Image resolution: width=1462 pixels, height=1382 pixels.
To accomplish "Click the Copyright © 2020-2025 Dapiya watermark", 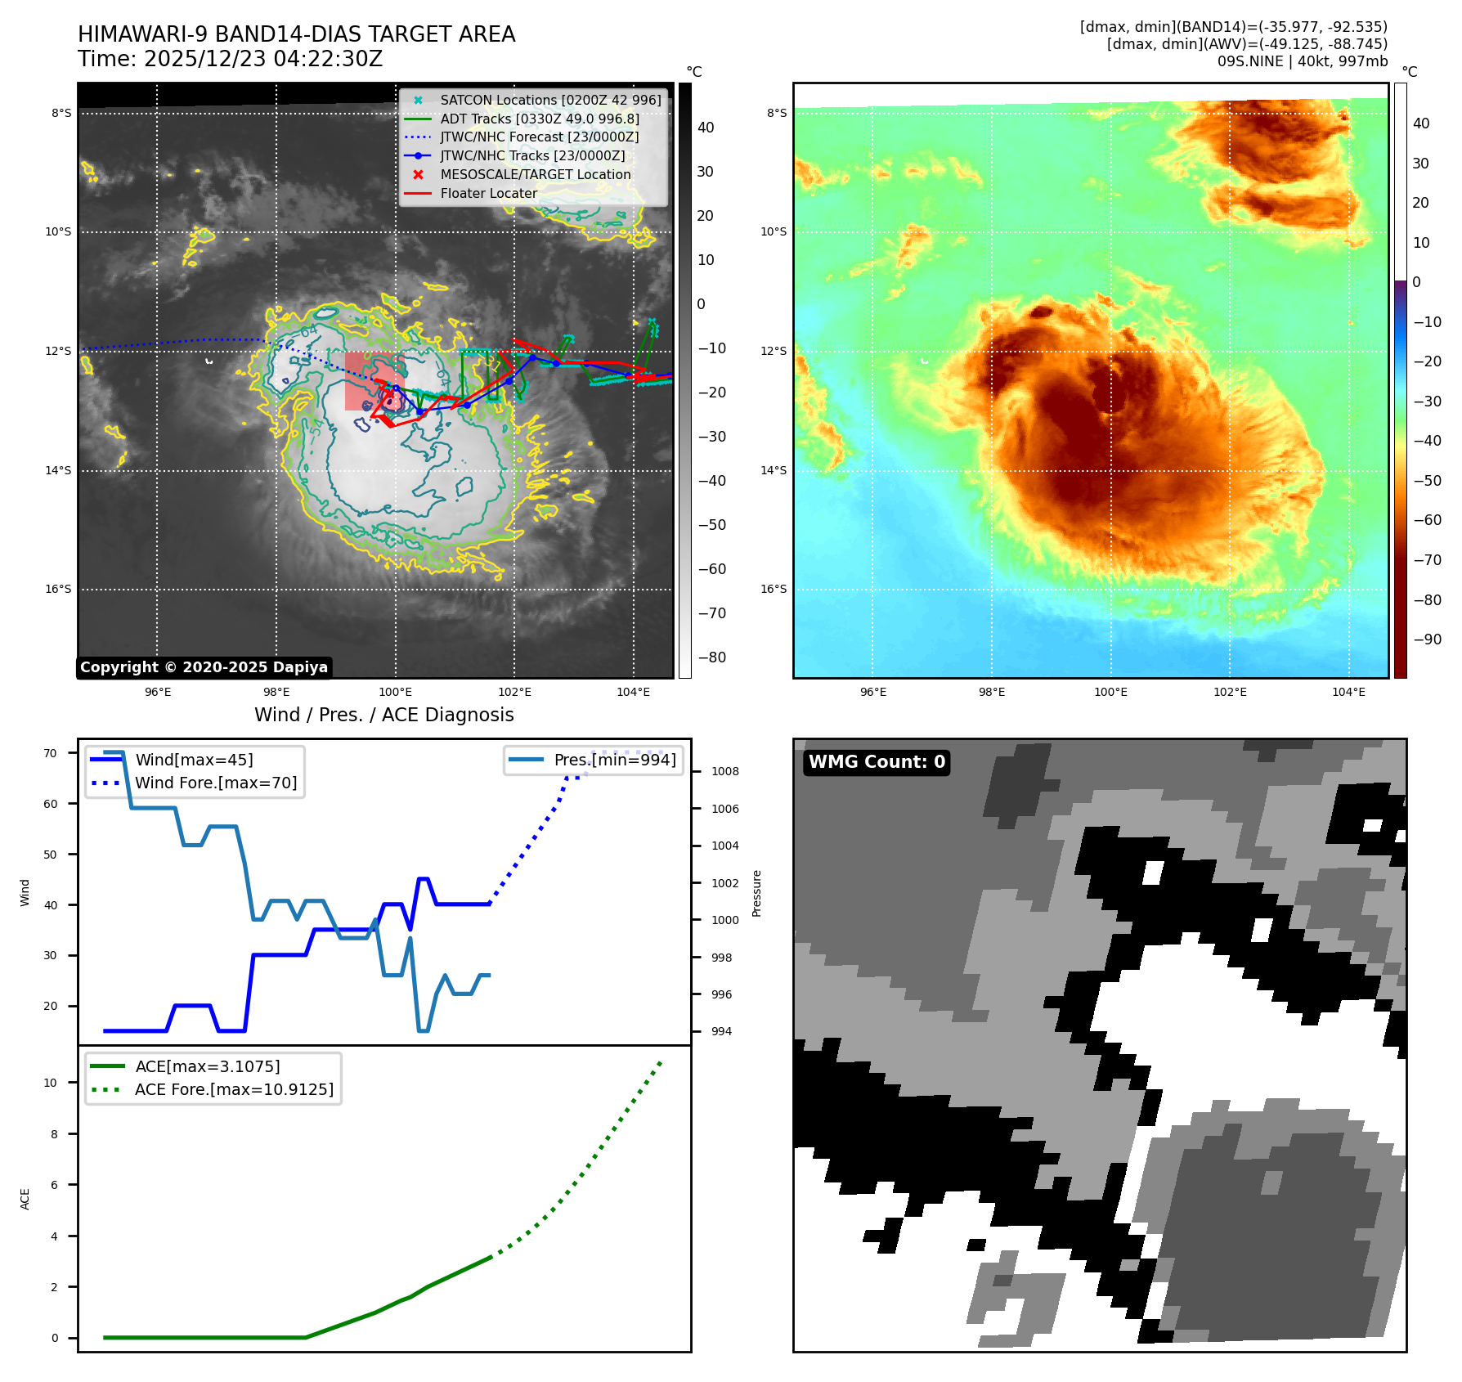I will [x=204, y=667].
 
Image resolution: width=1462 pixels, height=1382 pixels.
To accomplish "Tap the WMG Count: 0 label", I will [x=877, y=762].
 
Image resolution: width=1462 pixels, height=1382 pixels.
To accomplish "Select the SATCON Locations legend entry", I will [x=550, y=100].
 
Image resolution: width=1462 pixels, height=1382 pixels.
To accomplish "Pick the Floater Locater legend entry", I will [x=488, y=193].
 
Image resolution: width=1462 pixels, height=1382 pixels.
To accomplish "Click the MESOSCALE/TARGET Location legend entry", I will [x=535, y=174].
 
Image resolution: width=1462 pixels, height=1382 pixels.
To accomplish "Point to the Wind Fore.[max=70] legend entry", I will [x=216, y=783].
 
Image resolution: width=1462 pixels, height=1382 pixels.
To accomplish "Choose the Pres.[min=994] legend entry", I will [x=615, y=760].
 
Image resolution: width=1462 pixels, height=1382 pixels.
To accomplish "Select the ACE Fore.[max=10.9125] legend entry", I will [x=234, y=1089].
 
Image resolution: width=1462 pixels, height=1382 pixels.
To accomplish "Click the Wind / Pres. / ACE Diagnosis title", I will [x=383, y=715].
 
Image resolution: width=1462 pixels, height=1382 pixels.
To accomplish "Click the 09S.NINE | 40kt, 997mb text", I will [x=1302, y=61].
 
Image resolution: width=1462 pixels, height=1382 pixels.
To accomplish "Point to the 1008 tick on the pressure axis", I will [x=724, y=771].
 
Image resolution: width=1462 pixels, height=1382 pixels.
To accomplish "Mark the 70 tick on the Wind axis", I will [x=51, y=753].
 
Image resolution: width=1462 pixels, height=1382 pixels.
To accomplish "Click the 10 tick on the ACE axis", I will [x=51, y=1083].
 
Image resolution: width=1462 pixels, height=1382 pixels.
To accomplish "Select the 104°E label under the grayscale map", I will [x=633, y=692].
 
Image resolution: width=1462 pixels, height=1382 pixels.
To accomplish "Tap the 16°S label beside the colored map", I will [x=773, y=589].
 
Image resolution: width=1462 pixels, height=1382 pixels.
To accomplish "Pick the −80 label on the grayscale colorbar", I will [x=711, y=657].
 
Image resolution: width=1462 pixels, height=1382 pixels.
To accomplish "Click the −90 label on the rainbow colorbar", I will [x=1427, y=639].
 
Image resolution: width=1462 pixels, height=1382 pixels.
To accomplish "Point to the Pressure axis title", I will [x=756, y=893].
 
